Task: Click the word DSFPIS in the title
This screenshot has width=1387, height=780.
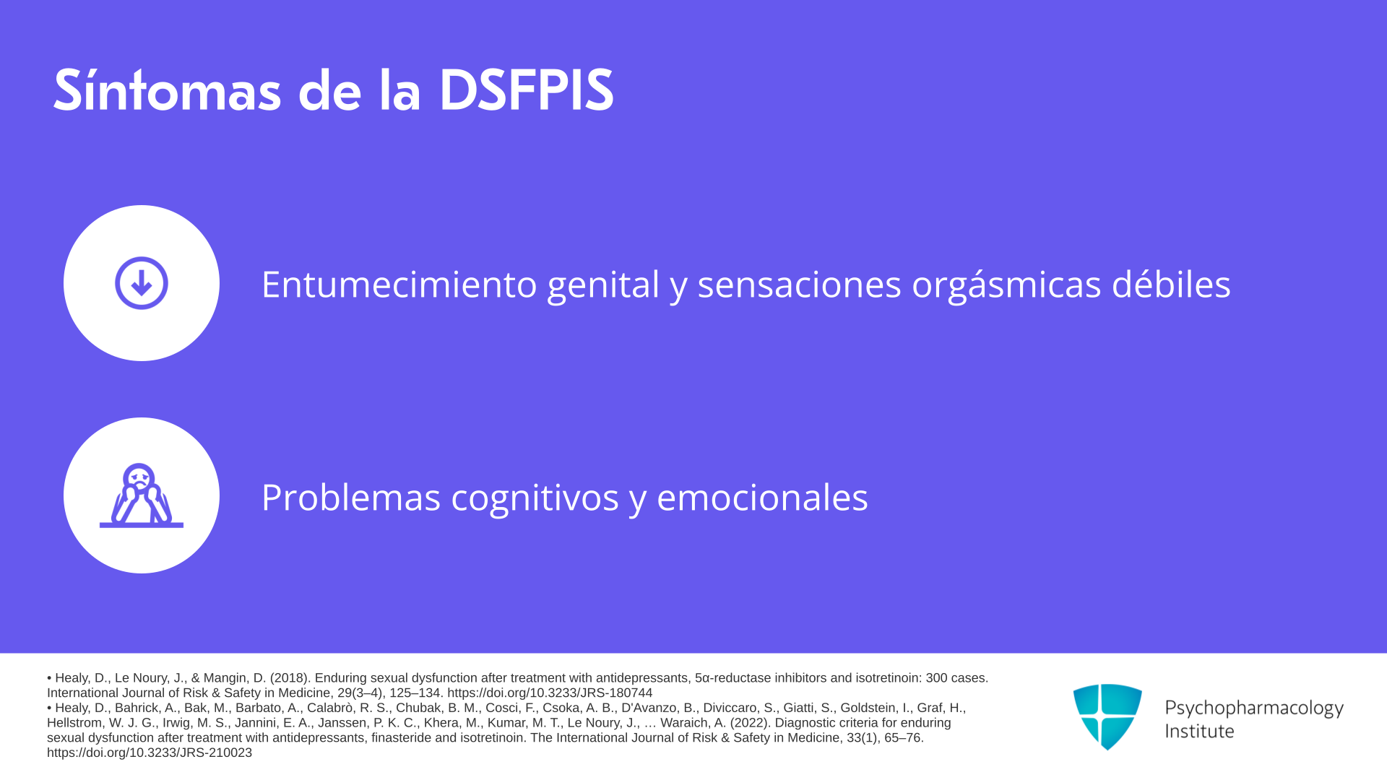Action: (x=526, y=90)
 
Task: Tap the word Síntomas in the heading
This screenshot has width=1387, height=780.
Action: (x=167, y=90)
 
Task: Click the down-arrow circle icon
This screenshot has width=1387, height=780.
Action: (x=142, y=283)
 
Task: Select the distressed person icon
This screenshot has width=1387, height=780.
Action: (x=142, y=495)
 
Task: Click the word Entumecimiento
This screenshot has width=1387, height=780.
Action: (x=399, y=284)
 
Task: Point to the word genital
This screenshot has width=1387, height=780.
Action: (x=603, y=285)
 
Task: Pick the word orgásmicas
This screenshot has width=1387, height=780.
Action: (x=1006, y=285)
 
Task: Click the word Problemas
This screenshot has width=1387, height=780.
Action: (x=351, y=497)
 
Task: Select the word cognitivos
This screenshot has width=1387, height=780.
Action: (x=535, y=498)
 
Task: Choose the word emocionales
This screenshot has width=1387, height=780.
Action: (x=762, y=497)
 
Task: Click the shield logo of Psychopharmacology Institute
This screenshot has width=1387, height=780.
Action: (x=1107, y=716)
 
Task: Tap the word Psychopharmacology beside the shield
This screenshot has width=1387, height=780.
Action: (x=1254, y=708)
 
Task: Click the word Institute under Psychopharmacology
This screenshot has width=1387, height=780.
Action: (x=1199, y=731)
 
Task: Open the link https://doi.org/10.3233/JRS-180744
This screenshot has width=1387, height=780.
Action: (x=550, y=693)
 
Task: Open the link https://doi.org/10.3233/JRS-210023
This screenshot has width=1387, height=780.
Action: (x=150, y=753)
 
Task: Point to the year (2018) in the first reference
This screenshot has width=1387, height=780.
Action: (x=290, y=678)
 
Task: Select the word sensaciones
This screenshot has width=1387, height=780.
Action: (x=799, y=284)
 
